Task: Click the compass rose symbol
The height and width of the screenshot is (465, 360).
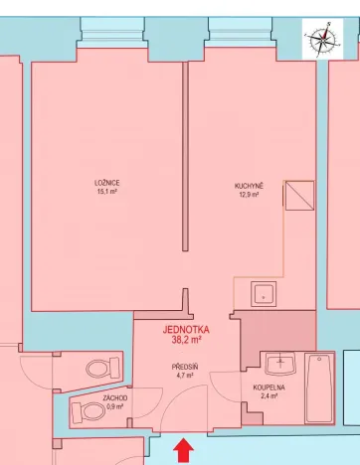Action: tap(322, 40)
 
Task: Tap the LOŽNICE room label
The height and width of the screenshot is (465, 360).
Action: tap(107, 183)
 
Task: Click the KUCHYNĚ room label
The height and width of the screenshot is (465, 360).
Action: tap(248, 186)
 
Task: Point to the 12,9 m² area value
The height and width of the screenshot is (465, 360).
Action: tap(248, 195)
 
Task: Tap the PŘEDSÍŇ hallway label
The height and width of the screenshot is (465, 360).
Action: tap(185, 367)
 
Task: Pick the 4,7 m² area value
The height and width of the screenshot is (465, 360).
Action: tap(185, 376)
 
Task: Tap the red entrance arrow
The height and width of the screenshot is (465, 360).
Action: tap(183, 452)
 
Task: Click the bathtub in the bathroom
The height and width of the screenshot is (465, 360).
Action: tap(319, 388)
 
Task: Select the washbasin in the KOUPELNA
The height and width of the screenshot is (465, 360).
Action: tap(280, 364)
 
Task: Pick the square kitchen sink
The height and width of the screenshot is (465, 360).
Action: tap(263, 293)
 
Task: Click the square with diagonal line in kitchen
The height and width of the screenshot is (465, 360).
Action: tap(299, 197)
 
